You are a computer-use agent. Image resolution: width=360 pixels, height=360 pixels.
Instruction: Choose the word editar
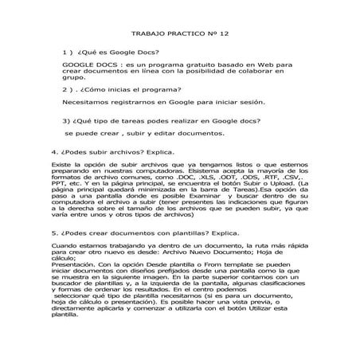click(x=157, y=133)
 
